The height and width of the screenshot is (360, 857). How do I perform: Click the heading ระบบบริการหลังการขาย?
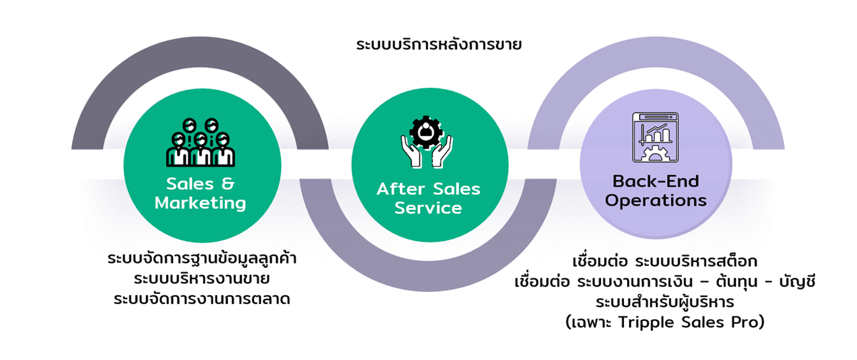click(438, 45)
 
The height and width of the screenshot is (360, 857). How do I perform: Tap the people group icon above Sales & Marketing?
click(200, 143)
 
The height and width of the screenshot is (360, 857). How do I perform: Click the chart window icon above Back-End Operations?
click(655, 138)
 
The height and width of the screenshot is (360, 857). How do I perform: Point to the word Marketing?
click(200, 203)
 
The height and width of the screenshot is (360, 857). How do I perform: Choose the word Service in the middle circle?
click(429, 208)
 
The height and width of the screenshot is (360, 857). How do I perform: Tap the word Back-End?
click(656, 181)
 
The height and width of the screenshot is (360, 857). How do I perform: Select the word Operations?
click(656, 201)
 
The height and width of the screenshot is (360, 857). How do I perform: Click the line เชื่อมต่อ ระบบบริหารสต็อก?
click(664, 260)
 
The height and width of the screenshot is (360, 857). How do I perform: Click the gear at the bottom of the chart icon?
click(655, 154)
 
